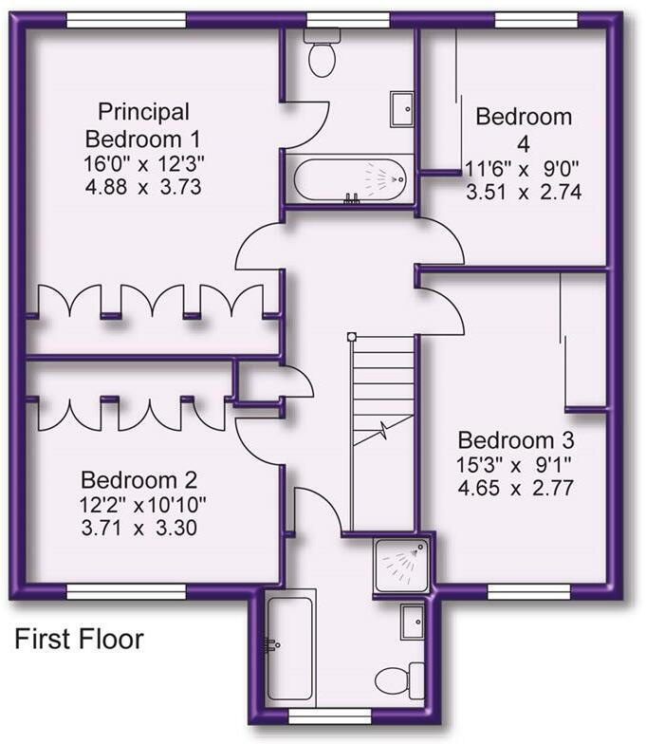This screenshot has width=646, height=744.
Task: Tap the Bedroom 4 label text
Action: (524, 130)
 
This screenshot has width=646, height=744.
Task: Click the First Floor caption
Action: (79, 640)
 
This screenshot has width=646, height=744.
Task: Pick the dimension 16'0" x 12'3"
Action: (141, 163)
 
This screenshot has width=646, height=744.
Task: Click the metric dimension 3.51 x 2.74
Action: (523, 191)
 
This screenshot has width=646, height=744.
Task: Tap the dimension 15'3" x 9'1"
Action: (516, 466)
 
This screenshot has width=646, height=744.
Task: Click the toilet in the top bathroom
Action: (323, 54)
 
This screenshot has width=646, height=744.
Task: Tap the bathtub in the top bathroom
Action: (350, 178)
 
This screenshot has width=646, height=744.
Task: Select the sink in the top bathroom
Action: (401, 109)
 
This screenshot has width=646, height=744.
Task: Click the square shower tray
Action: (401, 566)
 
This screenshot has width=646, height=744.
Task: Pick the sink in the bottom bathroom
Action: (413, 622)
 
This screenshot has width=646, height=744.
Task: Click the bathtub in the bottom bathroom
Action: (289, 645)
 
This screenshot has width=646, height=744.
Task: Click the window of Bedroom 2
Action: (125, 592)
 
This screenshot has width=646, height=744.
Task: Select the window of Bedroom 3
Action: (528, 592)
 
